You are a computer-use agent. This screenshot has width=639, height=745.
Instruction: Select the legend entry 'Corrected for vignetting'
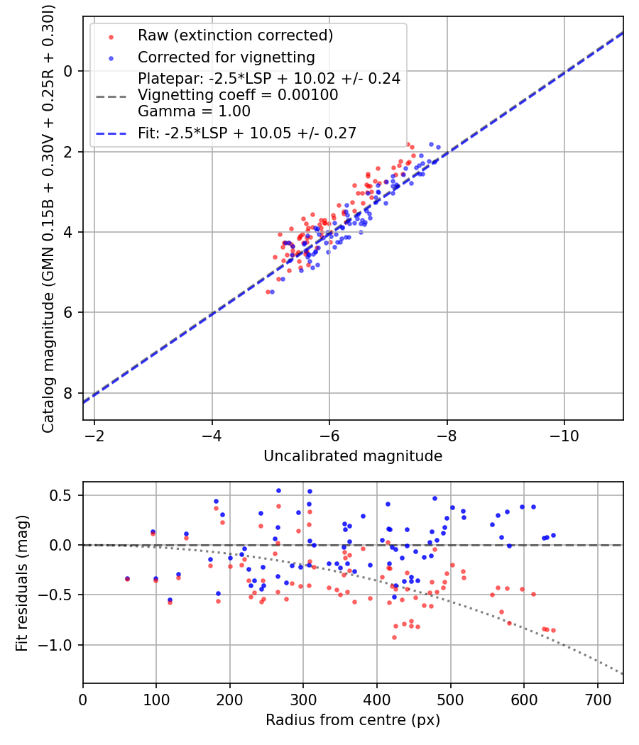point(226,57)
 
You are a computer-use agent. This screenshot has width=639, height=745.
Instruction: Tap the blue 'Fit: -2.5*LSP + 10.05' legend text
point(247,133)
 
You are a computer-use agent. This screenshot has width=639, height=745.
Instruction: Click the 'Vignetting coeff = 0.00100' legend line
point(238,94)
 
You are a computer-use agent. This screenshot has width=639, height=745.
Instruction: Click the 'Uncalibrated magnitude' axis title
point(353,456)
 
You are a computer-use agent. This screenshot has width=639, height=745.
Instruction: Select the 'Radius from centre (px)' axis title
point(353,720)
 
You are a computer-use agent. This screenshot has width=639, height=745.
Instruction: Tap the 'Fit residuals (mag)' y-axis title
point(22,583)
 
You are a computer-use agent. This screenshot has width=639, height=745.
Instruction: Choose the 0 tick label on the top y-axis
point(68,71)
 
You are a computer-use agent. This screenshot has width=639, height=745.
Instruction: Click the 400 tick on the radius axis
point(377,699)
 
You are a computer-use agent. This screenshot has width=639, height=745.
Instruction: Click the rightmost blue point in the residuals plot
point(553,535)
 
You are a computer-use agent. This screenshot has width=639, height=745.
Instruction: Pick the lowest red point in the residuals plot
point(394,637)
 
